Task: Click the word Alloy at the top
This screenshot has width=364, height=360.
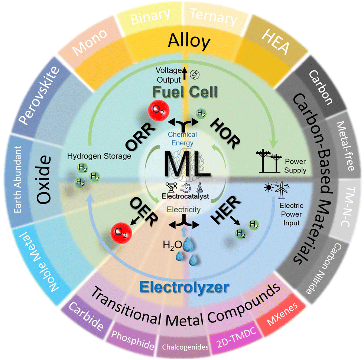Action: coord(189,41)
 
